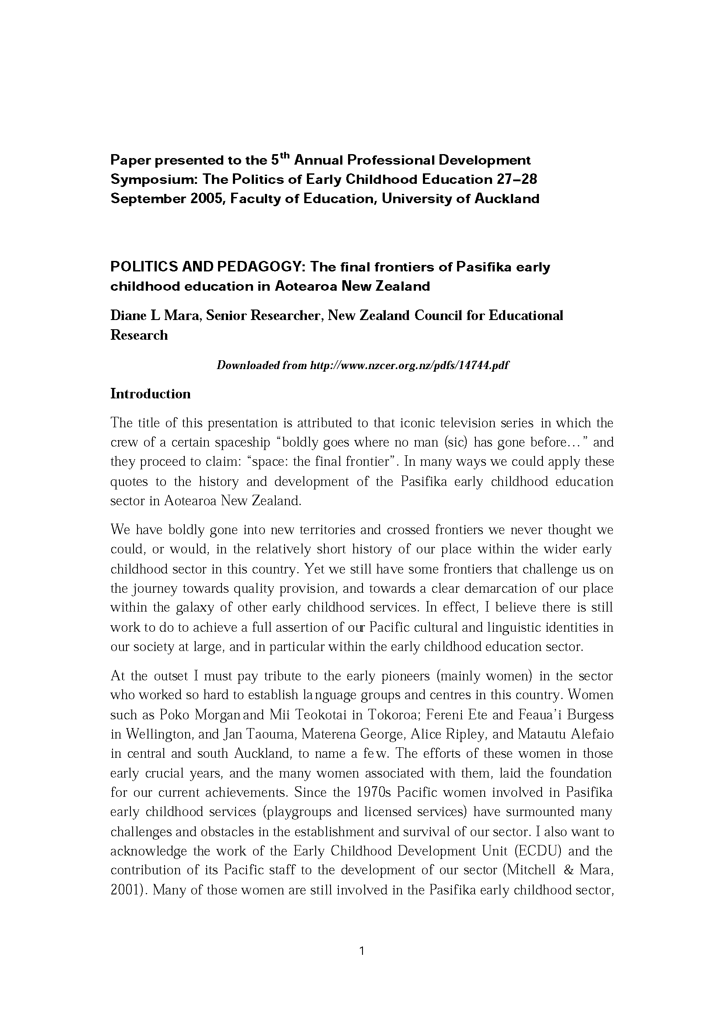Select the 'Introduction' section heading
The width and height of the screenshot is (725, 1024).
click(x=151, y=394)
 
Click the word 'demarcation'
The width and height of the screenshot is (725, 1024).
click(x=500, y=588)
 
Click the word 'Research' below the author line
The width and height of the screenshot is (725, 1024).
click(x=139, y=335)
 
